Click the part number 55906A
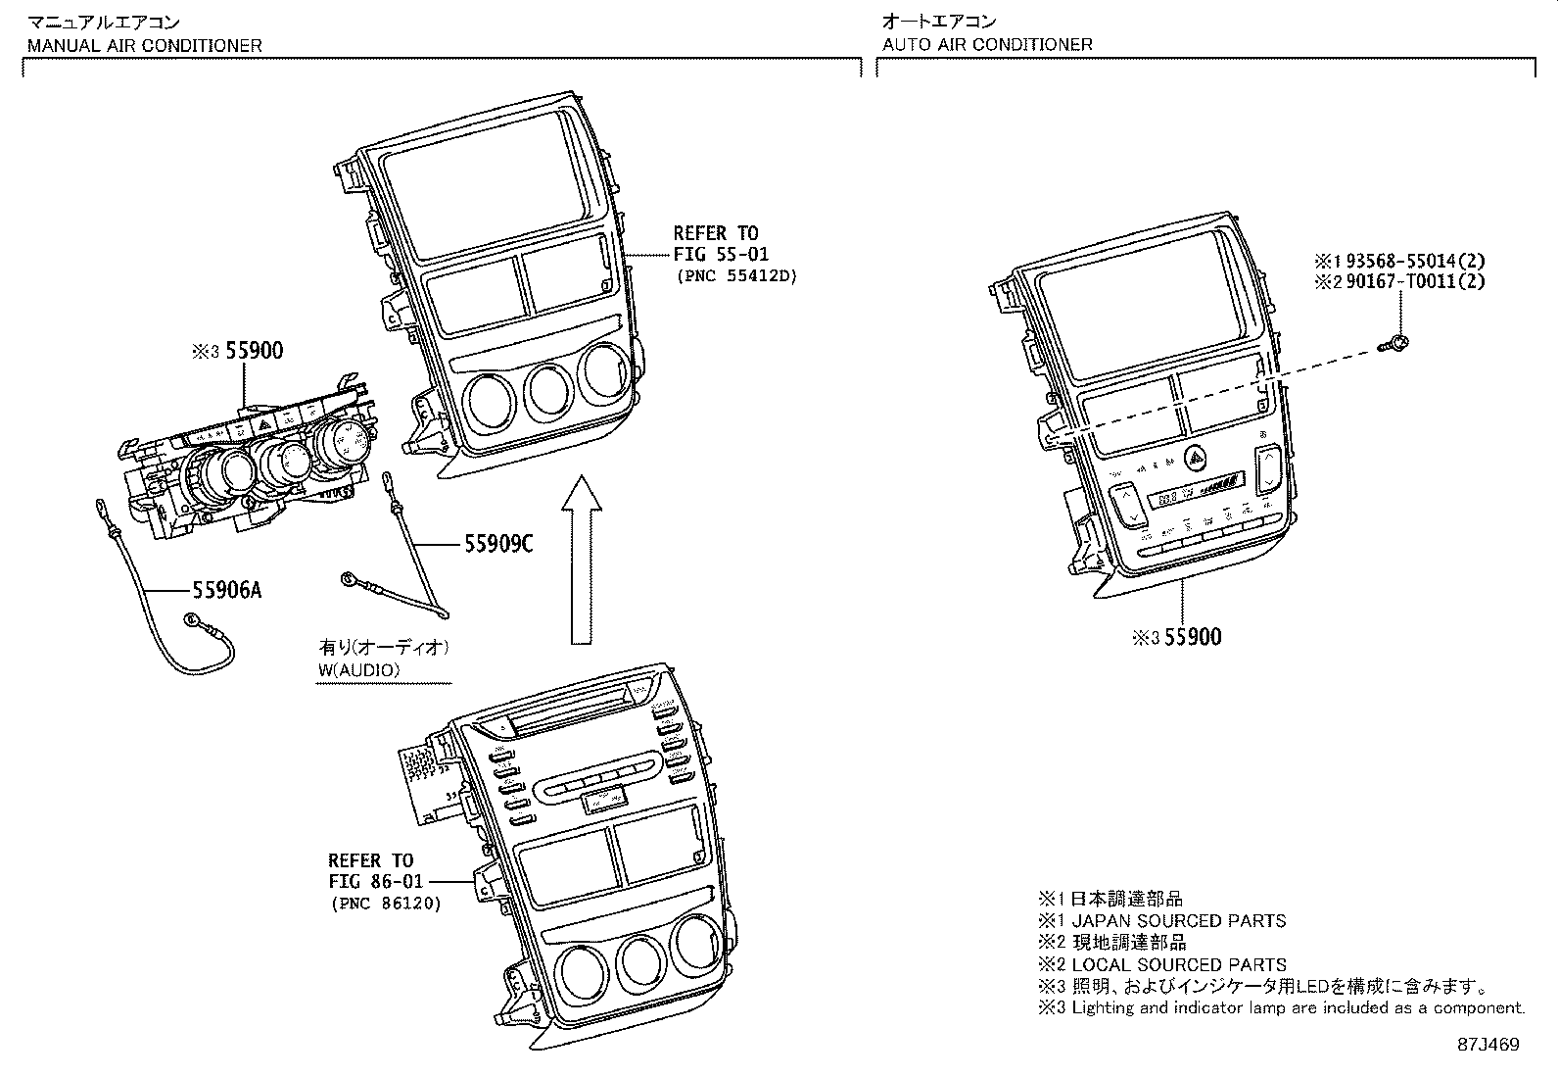pos(227,590)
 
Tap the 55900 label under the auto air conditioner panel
pos(1193,637)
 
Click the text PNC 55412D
pos(736,276)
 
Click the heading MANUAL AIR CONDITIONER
pos(145,45)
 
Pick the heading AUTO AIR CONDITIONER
pos(987,44)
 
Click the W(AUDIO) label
pos(359,670)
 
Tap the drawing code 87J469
pos(1487,1045)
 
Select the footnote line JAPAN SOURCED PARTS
pos(1178,921)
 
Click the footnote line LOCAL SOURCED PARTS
pos(1178,964)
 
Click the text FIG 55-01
pos(721,255)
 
